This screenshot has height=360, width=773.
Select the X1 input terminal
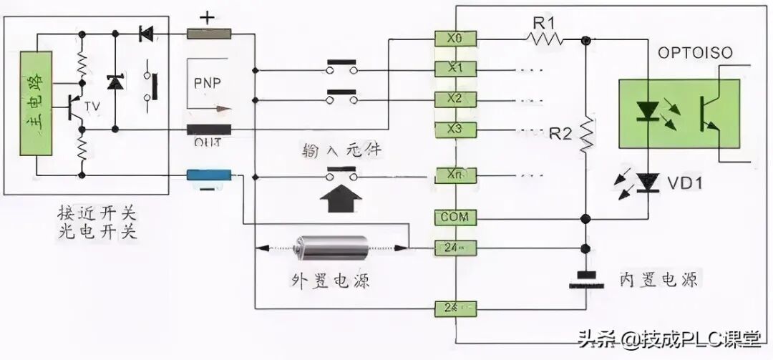click(x=455, y=69)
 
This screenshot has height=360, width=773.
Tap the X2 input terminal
click(x=455, y=99)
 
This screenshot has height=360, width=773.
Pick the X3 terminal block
click(x=455, y=130)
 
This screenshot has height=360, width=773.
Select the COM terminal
click(x=455, y=217)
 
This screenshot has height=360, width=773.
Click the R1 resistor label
click(x=543, y=21)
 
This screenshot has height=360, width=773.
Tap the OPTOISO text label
click(x=690, y=54)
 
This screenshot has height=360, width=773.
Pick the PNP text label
click(x=208, y=82)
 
